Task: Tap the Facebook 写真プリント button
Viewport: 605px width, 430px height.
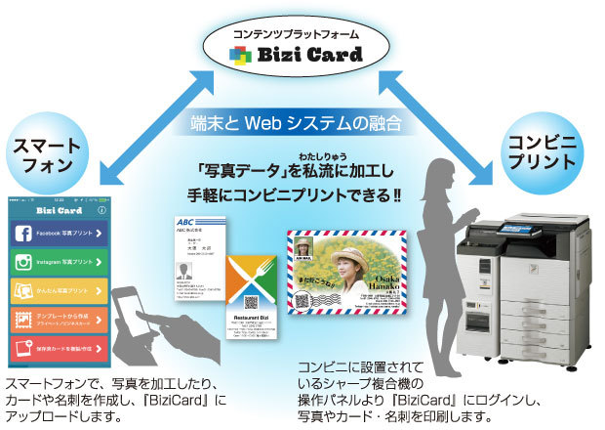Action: (58, 235)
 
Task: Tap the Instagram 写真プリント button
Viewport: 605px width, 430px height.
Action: (58, 263)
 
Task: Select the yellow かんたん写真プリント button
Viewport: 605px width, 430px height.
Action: (58, 291)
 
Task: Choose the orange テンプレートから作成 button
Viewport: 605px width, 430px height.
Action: (58, 320)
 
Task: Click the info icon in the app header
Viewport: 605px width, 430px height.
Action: (102, 210)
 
